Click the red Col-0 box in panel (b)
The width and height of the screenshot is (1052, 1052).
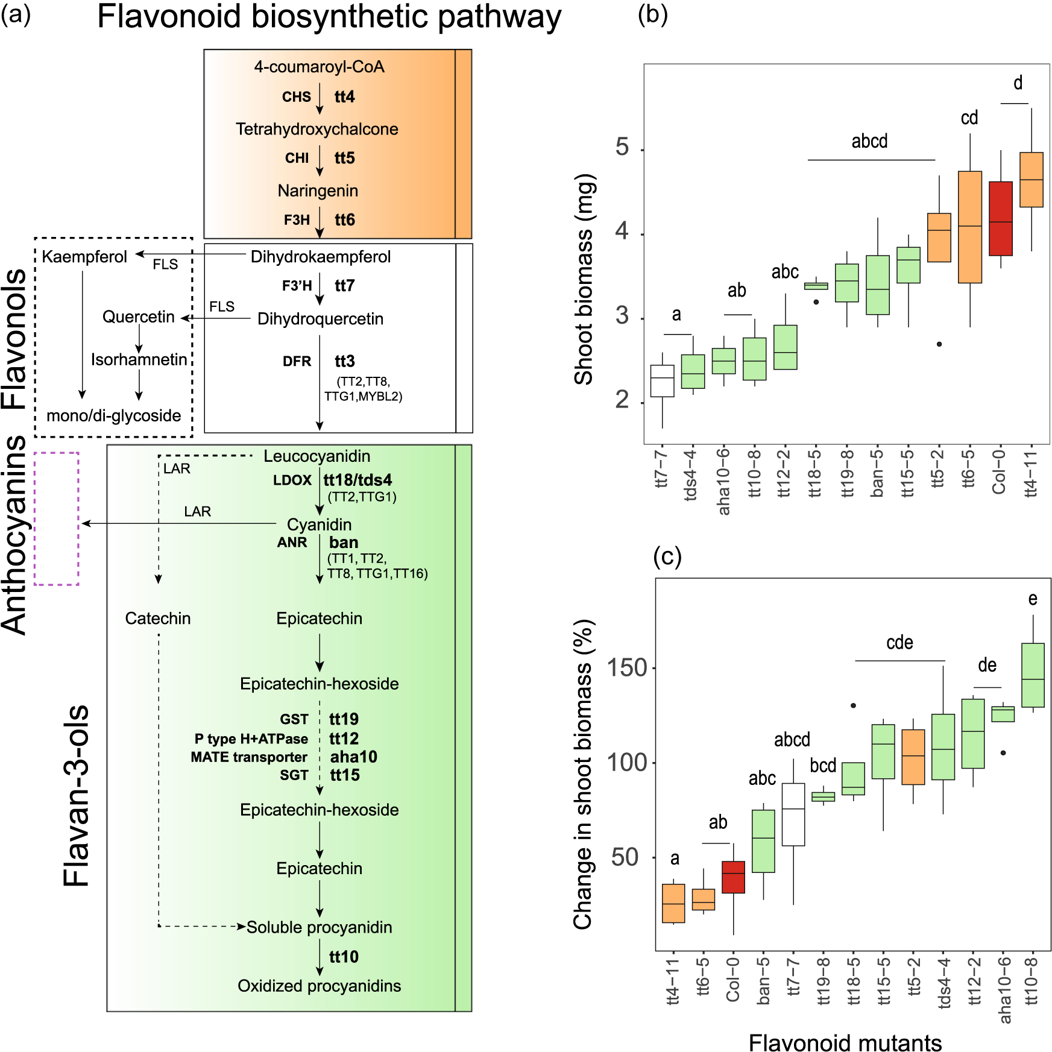pos(1000,218)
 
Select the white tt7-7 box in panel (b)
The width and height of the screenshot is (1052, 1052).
pos(662,381)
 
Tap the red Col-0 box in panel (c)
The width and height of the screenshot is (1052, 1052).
pos(733,877)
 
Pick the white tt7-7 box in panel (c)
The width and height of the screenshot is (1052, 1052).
pos(793,814)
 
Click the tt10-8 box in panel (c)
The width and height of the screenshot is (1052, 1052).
pos(1033,675)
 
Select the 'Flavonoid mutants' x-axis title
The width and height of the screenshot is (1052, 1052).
pos(845,1042)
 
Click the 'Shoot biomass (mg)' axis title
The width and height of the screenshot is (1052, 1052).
pos(583,279)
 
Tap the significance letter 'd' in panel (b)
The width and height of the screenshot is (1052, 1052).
pos(1018,83)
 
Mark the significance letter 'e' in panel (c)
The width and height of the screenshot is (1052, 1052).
pos(1033,599)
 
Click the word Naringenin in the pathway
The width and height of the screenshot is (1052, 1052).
pos(318,191)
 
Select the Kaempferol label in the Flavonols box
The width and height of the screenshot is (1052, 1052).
pos(84,257)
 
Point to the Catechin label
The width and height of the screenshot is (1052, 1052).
pos(158,619)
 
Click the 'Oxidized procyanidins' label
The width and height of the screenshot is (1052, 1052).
pos(319,986)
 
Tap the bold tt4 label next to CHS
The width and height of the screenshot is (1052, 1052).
pos(344,97)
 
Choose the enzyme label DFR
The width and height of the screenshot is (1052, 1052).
pos(297,362)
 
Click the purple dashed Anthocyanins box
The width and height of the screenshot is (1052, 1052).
pos(57,518)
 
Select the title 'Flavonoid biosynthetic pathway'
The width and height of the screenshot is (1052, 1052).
pos(329,17)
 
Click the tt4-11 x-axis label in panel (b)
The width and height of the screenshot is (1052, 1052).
pos(1031,473)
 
